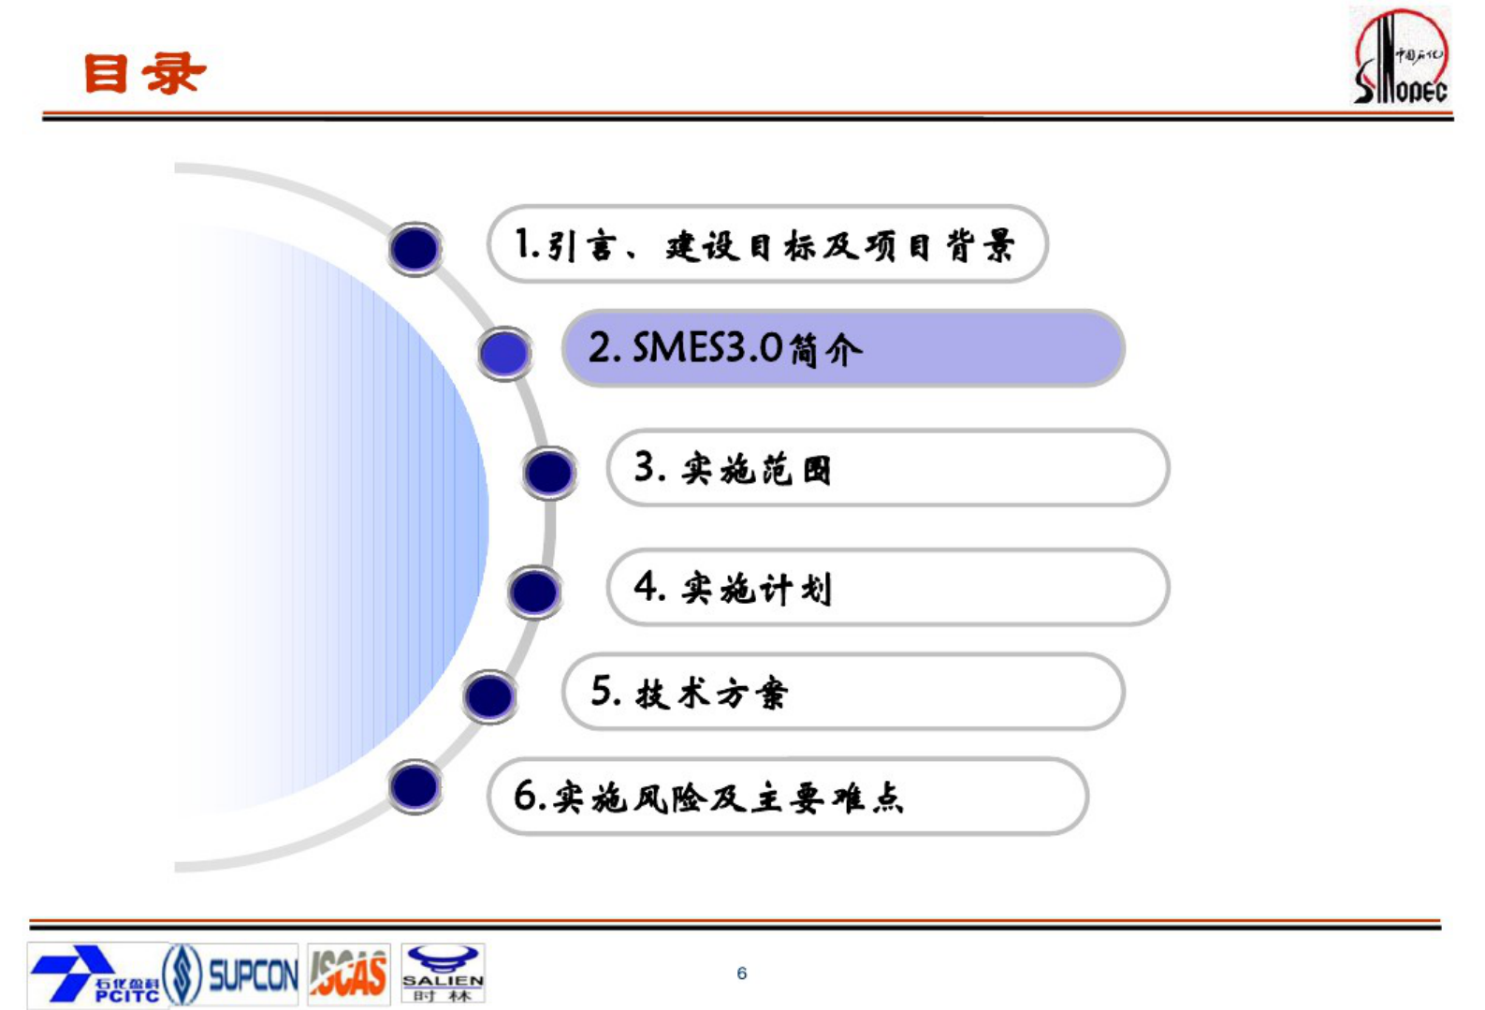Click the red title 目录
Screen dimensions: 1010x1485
click(x=144, y=73)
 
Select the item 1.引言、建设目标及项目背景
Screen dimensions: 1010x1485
click(x=766, y=244)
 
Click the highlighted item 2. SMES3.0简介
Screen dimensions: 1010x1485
click(x=842, y=348)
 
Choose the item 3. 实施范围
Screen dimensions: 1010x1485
click(x=887, y=468)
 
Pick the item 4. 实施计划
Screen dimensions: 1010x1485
click(x=887, y=588)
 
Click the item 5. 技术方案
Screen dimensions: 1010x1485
click(x=842, y=693)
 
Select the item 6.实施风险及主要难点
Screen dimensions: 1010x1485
click(x=787, y=797)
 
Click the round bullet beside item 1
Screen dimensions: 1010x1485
click(x=415, y=248)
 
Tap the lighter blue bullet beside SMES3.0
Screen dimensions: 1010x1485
click(x=504, y=353)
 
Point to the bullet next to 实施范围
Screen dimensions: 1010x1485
click(x=549, y=473)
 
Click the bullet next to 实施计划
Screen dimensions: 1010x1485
click(x=534, y=592)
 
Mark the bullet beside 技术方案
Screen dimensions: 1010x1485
click(x=489, y=696)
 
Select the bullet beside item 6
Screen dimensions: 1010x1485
click(x=415, y=786)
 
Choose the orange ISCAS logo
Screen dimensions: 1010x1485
click(x=348, y=974)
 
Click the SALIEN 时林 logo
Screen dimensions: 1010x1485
click(x=443, y=974)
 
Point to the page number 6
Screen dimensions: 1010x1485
click(x=742, y=973)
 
